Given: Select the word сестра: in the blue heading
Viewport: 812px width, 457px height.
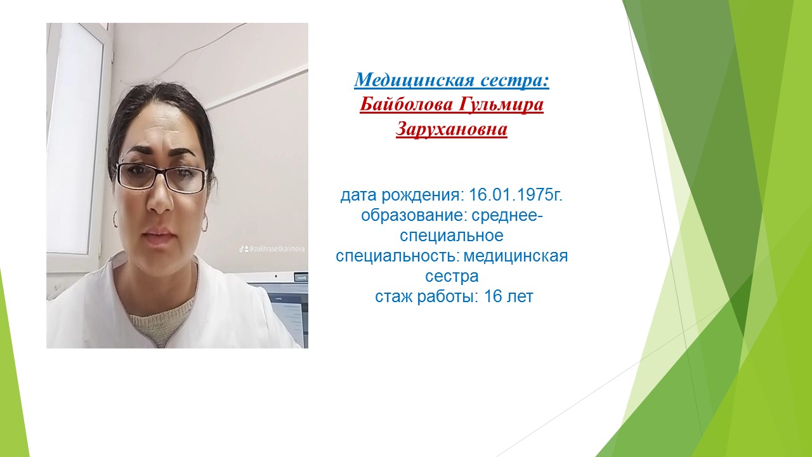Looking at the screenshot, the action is click(514, 81).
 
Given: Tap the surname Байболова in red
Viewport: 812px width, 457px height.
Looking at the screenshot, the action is click(406, 105).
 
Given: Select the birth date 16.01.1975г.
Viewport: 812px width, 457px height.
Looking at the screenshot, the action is click(516, 195).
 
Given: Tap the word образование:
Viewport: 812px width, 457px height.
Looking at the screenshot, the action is click(412, 216).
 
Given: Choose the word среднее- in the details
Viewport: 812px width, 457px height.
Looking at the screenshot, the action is click(507, 216).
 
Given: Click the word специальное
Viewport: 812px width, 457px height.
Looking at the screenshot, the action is click(452, 235).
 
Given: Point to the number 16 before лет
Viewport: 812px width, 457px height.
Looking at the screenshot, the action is click(493, 296).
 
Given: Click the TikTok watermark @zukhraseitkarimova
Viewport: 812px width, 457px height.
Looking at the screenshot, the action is click(272, 249).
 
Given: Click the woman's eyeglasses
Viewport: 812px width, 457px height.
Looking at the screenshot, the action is click(161, 178).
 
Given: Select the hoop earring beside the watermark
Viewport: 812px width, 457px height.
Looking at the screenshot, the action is click(204, 222).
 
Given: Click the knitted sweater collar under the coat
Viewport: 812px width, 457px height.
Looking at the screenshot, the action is click(159, 323).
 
